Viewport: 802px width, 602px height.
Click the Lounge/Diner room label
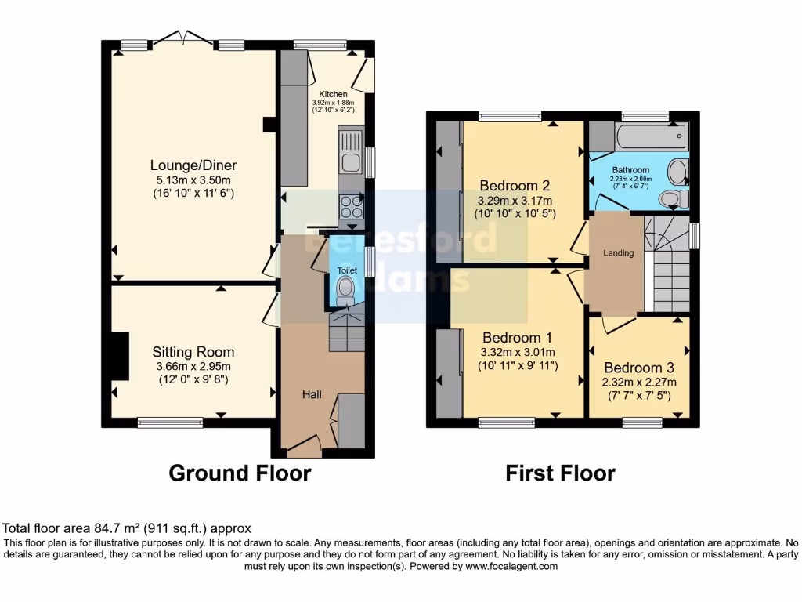(193, 165)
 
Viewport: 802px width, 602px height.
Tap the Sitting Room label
(193, 352)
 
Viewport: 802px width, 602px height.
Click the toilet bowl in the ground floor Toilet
(345, 291)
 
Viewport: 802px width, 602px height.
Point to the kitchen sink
(349, 163)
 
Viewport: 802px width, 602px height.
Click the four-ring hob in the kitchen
(349, 205)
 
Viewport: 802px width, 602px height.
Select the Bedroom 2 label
(515, 186)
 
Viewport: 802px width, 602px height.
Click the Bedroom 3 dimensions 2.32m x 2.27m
(639, 382)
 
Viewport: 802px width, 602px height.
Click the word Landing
(617, 252)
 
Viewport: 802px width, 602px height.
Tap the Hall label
(312, 395)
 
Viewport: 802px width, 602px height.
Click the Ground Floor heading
(240, 473)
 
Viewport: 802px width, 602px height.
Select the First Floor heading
(560, 473)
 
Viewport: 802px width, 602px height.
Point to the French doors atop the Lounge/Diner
(182, 40)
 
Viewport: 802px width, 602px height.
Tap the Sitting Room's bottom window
(170, 422)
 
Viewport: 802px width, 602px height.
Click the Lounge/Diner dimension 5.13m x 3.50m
(193, 180)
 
